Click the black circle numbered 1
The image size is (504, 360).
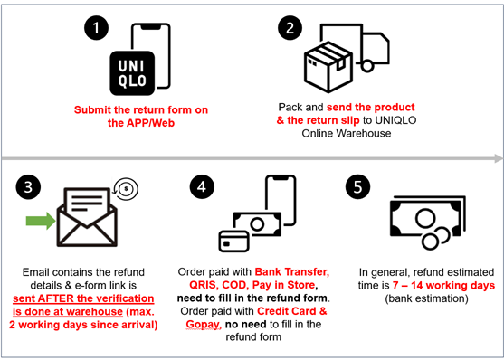coord(97,28)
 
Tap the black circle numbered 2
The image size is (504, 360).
coord(290,28)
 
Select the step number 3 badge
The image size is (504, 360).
coord(28,187)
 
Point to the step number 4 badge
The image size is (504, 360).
coord(202,186)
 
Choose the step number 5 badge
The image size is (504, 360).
coord(357,186)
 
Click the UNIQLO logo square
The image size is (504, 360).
coord(132,73)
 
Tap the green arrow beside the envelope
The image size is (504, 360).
coord(41,221)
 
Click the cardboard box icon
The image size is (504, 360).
coord(328,67)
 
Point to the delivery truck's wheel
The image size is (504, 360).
coord(366,66)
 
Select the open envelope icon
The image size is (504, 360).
coord(87,217)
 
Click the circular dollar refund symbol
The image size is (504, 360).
coord(126,189)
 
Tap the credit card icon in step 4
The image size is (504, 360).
coord(234,242)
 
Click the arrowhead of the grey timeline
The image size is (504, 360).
coord(498,158)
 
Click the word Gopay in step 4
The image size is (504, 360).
coord(204,325)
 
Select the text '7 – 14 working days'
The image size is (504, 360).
coord(443,286)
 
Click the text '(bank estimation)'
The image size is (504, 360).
coord(426,298)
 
